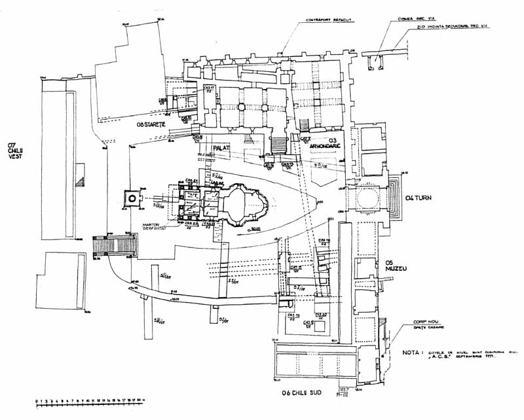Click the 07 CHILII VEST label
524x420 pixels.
[x=11, y=152]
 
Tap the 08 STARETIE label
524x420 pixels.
[x=153, y=124]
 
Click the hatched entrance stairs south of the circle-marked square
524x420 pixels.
[x=115, y=245]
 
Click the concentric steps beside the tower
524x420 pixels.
[x=396, y=198]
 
